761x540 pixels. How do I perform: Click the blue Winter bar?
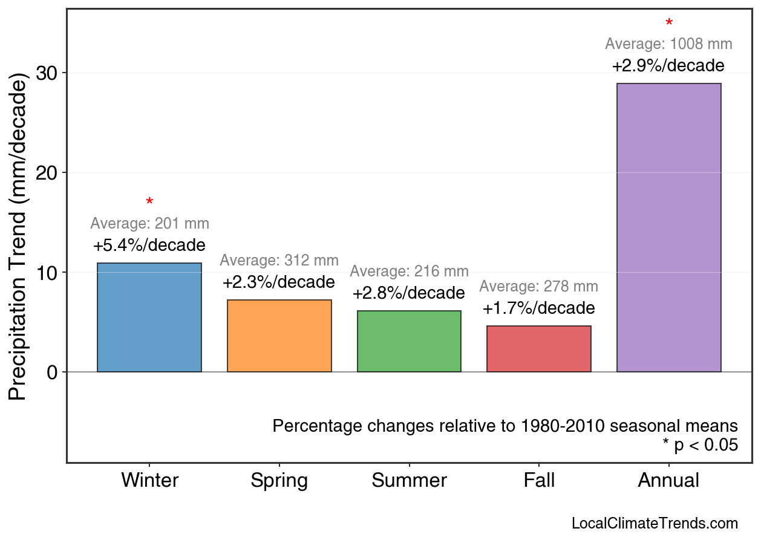click(149, 317)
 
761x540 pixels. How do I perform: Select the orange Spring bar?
click(279, 336)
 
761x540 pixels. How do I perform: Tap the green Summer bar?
click(409, 341)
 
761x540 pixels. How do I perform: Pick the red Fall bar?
click(538, 349)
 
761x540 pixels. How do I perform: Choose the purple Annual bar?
click(668, 227)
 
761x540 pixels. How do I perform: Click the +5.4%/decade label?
click(149, 246)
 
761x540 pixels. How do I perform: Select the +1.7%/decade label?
click(538, 308)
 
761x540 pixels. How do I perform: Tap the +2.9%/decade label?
click(668, 65)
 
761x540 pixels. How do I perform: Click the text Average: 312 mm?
click(279, 261)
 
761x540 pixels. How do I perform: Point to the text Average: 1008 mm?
click(668, 44)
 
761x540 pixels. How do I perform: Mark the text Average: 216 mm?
click(409, 272)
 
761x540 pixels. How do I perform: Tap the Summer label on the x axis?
click(409, 481)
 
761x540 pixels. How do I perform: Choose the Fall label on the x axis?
click(538, 481)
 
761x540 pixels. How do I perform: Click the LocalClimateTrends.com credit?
click(655, 524)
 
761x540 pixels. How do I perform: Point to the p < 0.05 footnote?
click(701, 445)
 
